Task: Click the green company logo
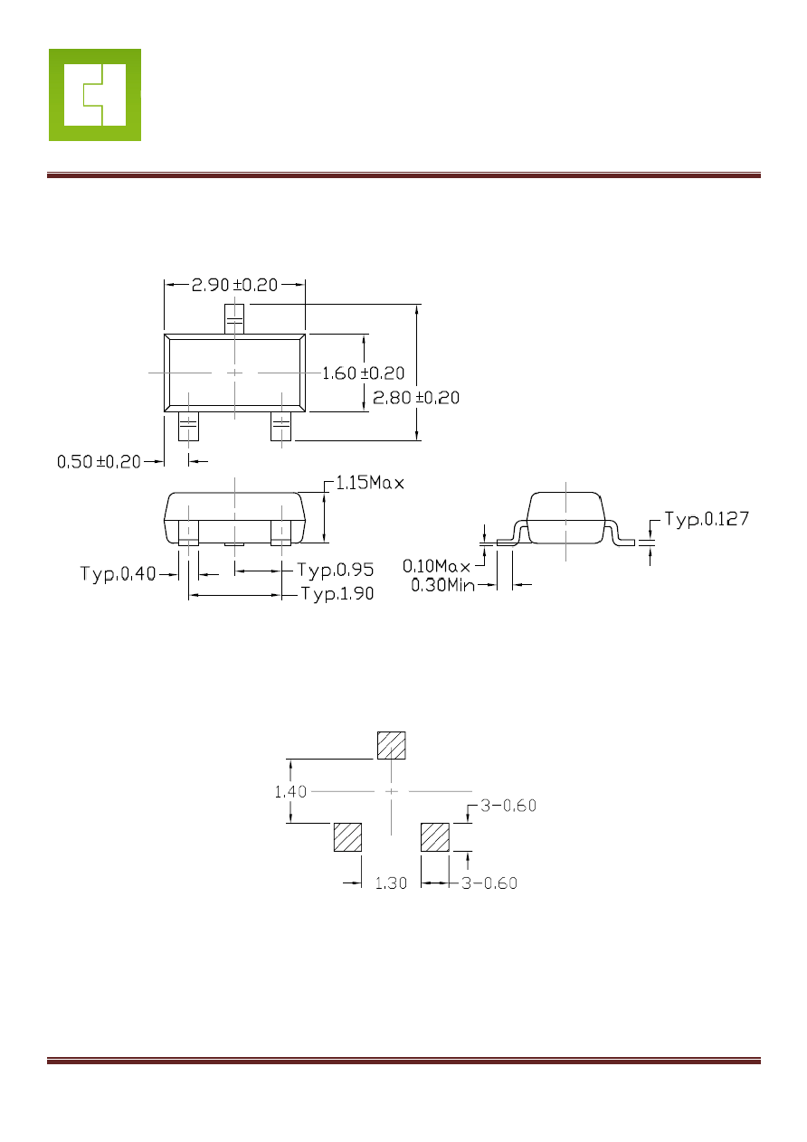click(95, 95)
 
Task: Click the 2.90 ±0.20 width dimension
click(234, 285)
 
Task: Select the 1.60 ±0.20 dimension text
click(363, 373)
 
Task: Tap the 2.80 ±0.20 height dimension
click(416, 398)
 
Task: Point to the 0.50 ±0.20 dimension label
click(99, 462)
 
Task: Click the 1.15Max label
click(370, 483)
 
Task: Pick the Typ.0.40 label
click(118, 574)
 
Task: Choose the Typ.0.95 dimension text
click(336, 570)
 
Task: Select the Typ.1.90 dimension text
click(337, 593)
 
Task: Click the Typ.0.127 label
click(707, 519)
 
